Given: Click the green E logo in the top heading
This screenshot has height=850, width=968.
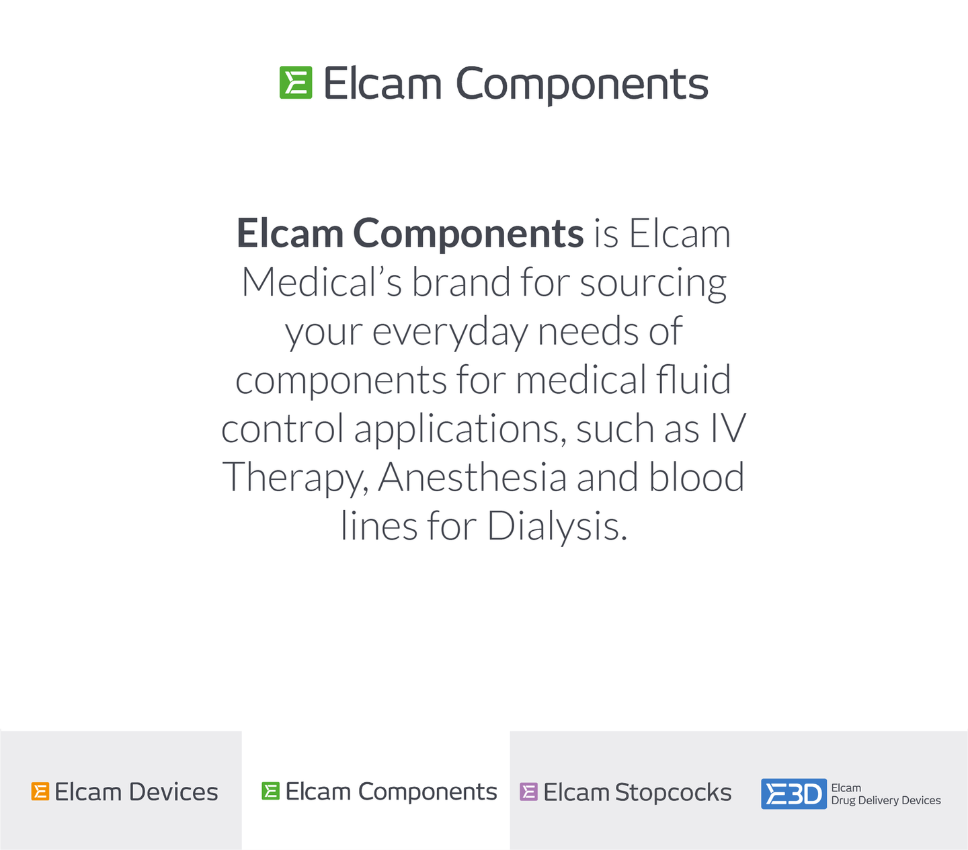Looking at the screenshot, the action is point(296,83).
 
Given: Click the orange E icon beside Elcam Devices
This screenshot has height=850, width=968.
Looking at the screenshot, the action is point(40,792).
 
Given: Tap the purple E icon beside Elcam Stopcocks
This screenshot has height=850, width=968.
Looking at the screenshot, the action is point(528,792).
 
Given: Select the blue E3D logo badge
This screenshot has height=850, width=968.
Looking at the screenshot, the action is point(794,794).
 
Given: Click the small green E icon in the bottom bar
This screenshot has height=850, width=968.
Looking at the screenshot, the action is point(270,791).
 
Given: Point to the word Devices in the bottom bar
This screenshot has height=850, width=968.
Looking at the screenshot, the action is point(173,792).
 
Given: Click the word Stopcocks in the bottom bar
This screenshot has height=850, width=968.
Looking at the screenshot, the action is point(673,792).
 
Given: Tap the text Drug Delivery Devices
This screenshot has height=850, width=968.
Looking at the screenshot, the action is point(886,800).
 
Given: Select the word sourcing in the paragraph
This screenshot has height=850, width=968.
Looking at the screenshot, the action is point(653,286).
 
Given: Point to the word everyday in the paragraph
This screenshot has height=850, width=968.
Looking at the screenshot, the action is point(450,334).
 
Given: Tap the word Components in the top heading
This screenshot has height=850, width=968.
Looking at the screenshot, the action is point(582,85).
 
